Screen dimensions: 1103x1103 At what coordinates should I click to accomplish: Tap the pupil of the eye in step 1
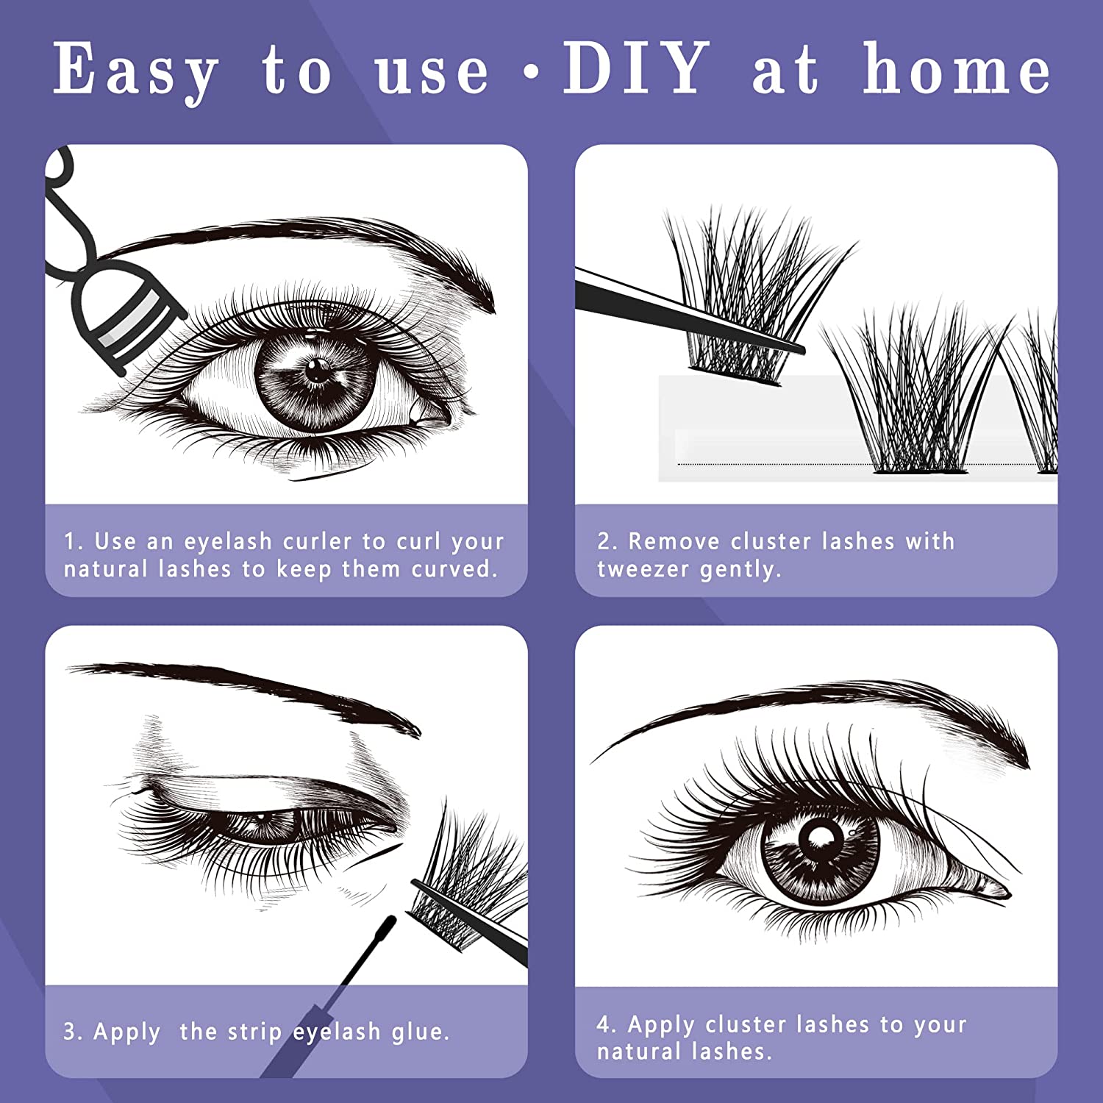[318, 370]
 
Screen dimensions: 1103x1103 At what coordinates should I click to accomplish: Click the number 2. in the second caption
[607, 541]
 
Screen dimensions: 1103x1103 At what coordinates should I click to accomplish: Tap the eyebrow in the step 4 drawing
[824, 706]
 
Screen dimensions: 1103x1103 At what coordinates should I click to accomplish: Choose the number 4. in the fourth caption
[607, 1024]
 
